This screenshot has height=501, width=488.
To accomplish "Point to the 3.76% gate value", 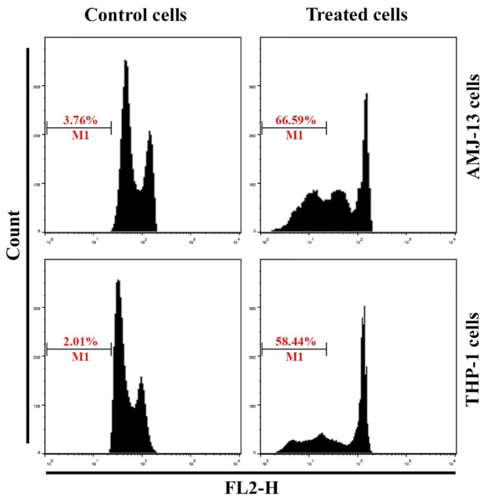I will point(80,120).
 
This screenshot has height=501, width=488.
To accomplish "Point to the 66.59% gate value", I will point(295,120).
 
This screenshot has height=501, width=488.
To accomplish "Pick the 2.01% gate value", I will point(80,342).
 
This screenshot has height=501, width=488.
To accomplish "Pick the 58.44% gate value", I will point(295,342).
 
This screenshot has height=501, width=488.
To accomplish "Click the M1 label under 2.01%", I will point(80,356).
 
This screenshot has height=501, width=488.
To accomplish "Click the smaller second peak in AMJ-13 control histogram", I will point(150,132).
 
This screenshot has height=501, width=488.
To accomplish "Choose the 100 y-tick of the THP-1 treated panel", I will point(252,405).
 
